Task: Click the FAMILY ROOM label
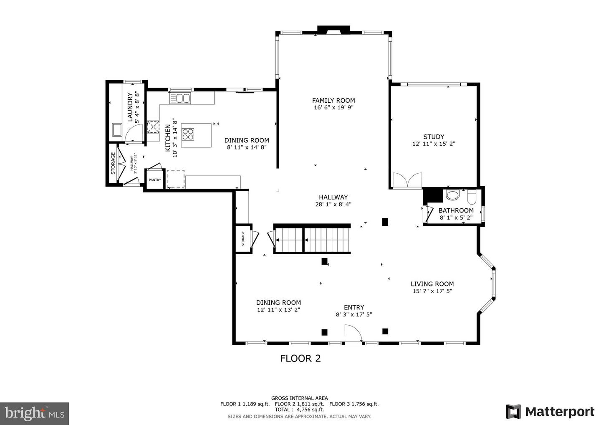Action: point(333,101)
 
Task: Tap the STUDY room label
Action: point(434,137)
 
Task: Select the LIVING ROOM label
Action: point(432,284)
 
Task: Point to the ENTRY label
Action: point(354,307)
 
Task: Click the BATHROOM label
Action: point(456,210)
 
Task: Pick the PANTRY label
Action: point(155,180)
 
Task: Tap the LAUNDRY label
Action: point(130,107)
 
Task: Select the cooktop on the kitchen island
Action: point(188,134)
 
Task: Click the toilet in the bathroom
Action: point(472,197)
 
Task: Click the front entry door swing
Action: point(353,334)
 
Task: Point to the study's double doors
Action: point(407,180)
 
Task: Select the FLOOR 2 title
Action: point(300,359)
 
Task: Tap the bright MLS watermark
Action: point(34,413)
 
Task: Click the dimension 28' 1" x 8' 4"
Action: point(333,204)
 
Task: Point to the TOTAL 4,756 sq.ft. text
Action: point(299,410)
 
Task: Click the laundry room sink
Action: point(117,129)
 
